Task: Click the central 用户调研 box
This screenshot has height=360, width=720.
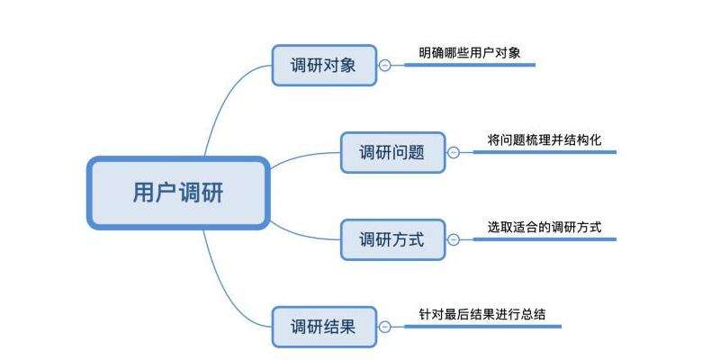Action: click(x=178, y=193)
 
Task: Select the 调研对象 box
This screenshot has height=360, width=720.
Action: click(x=324, y=65)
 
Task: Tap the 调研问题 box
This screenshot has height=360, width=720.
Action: click(x=392, y=152)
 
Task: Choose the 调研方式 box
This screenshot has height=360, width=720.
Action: click(x=392, y=239)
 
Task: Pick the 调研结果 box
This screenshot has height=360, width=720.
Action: click(x=324, y=326)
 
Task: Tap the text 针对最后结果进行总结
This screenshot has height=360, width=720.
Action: click(x=482, y=314)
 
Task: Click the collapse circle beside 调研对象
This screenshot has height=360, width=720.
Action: click(x=385, y=65)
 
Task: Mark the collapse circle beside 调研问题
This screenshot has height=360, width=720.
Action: click(x=454, y=152)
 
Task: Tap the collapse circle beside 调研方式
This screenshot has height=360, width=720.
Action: click(x=454, y=239)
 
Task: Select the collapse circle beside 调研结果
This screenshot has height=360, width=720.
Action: click(x=385, y=326)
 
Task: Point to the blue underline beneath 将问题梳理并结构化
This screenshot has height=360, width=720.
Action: click(x=544, y=152)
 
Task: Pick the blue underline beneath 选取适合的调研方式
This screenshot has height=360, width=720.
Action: click(x=544, y=239)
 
